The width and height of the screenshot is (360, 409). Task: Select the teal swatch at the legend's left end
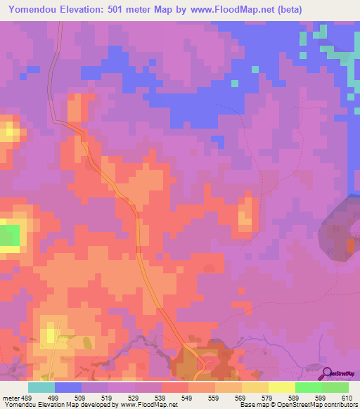41,387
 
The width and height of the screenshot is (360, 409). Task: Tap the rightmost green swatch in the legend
335,387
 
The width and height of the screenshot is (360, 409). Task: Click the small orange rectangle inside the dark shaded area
350,244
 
